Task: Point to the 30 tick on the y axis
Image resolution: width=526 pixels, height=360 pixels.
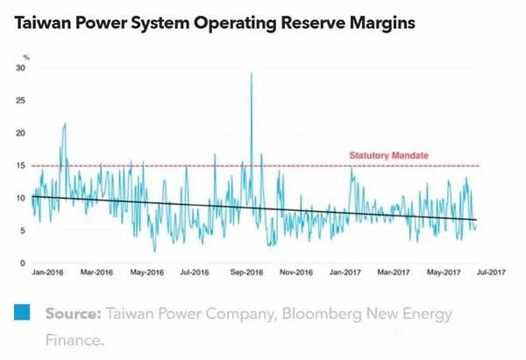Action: click(x=21, y=68)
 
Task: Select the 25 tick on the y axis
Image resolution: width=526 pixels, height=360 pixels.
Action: click(x=21, y=101)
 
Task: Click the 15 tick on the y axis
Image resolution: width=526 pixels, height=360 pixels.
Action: click(x=21, y=166)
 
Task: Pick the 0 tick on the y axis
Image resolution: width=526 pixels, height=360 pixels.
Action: click(x=23, y=263)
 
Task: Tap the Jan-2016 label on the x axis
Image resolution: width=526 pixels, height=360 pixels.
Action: click(x=49, y=272)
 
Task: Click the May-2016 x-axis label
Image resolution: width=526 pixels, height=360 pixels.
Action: click(x=147, y=272)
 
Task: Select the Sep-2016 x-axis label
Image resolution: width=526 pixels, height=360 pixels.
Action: click(x=246, y=272)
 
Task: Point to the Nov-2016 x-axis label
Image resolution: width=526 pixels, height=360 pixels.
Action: click(x=295, y=272)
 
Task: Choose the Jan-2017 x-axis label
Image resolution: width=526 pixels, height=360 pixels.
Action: click(x=345, y=272)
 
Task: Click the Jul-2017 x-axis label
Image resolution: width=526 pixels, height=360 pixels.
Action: click(x=493, y=272)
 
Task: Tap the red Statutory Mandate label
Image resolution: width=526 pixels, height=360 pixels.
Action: click(x=388, y=156)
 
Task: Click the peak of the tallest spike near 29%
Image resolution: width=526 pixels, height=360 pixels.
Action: click(x=252, y=74)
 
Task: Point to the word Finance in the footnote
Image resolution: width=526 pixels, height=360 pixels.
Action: click(x=76, y=340)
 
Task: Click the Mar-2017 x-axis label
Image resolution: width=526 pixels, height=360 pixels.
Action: click(x=394, y=272)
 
